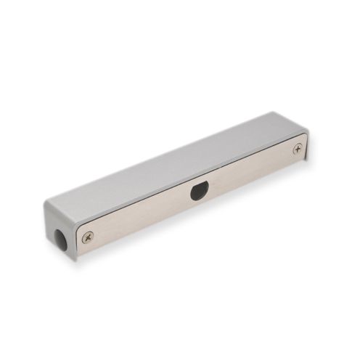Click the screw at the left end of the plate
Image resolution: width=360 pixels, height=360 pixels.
point(89,236)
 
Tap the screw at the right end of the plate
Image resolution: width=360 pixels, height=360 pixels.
point(297,149)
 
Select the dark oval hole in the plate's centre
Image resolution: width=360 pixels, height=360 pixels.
point(197,192)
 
